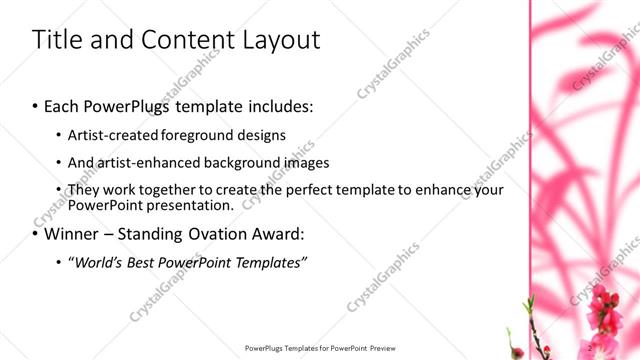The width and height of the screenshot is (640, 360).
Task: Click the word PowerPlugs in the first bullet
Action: [143, 105]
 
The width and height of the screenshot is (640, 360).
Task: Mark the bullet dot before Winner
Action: [35, 236]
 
